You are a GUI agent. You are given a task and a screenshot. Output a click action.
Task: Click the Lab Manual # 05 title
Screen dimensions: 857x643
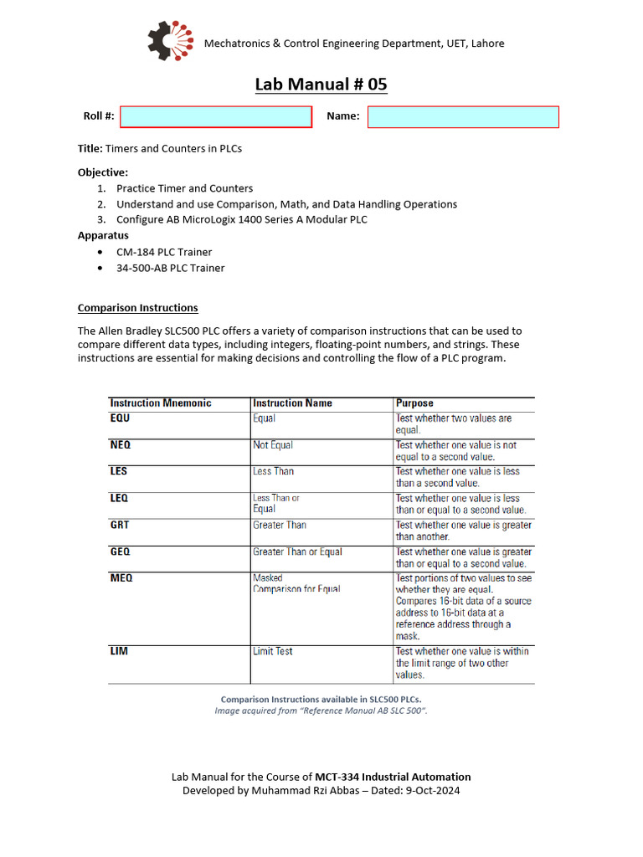point(321,85)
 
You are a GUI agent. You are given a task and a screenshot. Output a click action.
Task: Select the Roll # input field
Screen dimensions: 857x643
point(216,116)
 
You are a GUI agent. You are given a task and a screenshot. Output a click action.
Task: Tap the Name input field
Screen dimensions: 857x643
point(463,116)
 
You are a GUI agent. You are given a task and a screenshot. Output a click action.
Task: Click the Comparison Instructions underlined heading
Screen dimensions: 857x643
point(137,307)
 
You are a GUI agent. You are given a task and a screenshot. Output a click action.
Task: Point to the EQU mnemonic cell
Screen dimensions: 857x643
point(121,418)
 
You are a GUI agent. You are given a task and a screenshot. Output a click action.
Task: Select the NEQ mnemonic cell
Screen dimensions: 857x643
point(121,445)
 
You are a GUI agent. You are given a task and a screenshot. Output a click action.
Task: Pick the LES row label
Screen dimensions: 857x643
point(119,471)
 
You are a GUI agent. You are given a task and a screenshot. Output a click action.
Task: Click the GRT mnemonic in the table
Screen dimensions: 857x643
point(121,525)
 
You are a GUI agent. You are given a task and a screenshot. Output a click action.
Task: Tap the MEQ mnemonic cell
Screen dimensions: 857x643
point(121,577)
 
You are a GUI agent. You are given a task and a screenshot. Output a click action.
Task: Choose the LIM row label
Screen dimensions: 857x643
point(119,651)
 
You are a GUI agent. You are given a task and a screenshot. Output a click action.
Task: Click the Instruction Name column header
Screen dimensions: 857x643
point(292,403)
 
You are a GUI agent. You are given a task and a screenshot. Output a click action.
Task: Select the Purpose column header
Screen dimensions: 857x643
point(414,403)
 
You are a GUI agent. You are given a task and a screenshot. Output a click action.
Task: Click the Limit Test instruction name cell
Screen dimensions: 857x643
point(273,651)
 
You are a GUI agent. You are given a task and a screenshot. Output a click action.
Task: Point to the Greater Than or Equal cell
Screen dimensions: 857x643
point(297,552)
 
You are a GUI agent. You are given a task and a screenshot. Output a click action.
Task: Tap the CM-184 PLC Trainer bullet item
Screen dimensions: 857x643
point(164,252)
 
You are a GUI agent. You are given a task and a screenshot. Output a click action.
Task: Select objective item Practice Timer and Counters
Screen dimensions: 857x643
point(184,188)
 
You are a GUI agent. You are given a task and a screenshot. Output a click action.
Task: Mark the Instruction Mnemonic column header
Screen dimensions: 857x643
point(161,403)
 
